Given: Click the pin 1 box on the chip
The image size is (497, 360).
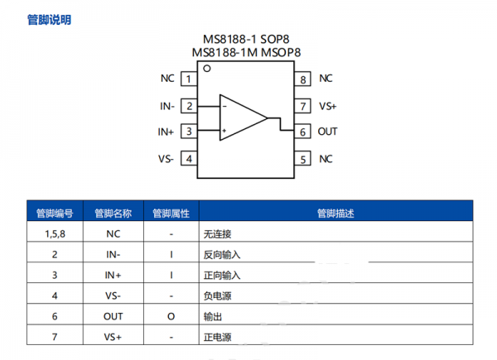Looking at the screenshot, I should click(x=190, y=79).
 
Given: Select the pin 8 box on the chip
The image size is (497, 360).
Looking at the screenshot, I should click(x=304, y=79).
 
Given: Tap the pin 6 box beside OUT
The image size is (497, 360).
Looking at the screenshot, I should click(x=304, y=132).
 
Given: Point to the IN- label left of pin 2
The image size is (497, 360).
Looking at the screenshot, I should click(x=166, y=106).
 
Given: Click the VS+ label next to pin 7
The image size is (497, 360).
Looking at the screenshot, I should click(x=328, y=106).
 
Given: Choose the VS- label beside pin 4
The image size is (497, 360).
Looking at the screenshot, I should click(x=166, y=159).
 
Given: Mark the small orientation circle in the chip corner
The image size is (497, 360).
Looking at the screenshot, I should click(x=206, y=70).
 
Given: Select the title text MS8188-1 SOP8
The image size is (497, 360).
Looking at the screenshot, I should click(x=246, y=39).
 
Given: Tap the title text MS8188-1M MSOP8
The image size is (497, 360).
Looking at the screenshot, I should click(x=246, y=52).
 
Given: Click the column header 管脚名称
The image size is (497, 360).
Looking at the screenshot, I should click(x=113, y=213).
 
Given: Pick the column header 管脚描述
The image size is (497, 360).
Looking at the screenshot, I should click(x=335, y=213).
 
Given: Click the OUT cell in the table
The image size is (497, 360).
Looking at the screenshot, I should click(x=113, y=316).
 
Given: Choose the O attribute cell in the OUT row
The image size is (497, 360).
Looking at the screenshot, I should click(x=171, y=316).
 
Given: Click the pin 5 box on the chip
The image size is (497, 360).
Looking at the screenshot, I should click(x=304, y=159).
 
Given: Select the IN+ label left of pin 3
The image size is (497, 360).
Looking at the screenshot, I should click(x=166, y=132).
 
